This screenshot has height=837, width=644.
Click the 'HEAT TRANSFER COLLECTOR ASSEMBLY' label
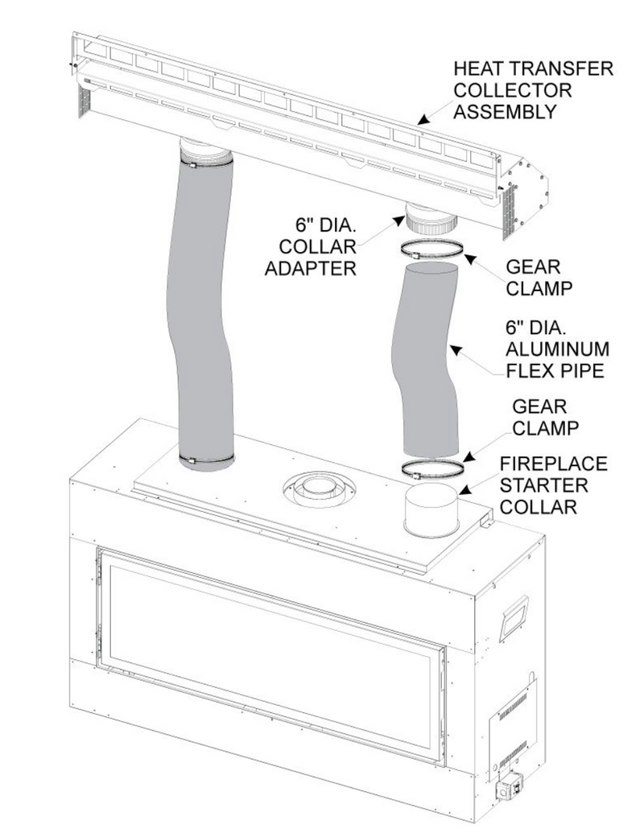(x=532, y=90)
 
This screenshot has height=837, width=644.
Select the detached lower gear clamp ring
(x=432, y=469)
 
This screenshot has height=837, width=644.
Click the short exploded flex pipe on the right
(x=429, y=362)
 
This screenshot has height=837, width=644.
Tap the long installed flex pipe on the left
(x=204, y=306)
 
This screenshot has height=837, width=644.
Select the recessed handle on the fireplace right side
(x=512, y=618)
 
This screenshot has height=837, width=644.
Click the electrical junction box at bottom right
(x=509, y=789)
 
